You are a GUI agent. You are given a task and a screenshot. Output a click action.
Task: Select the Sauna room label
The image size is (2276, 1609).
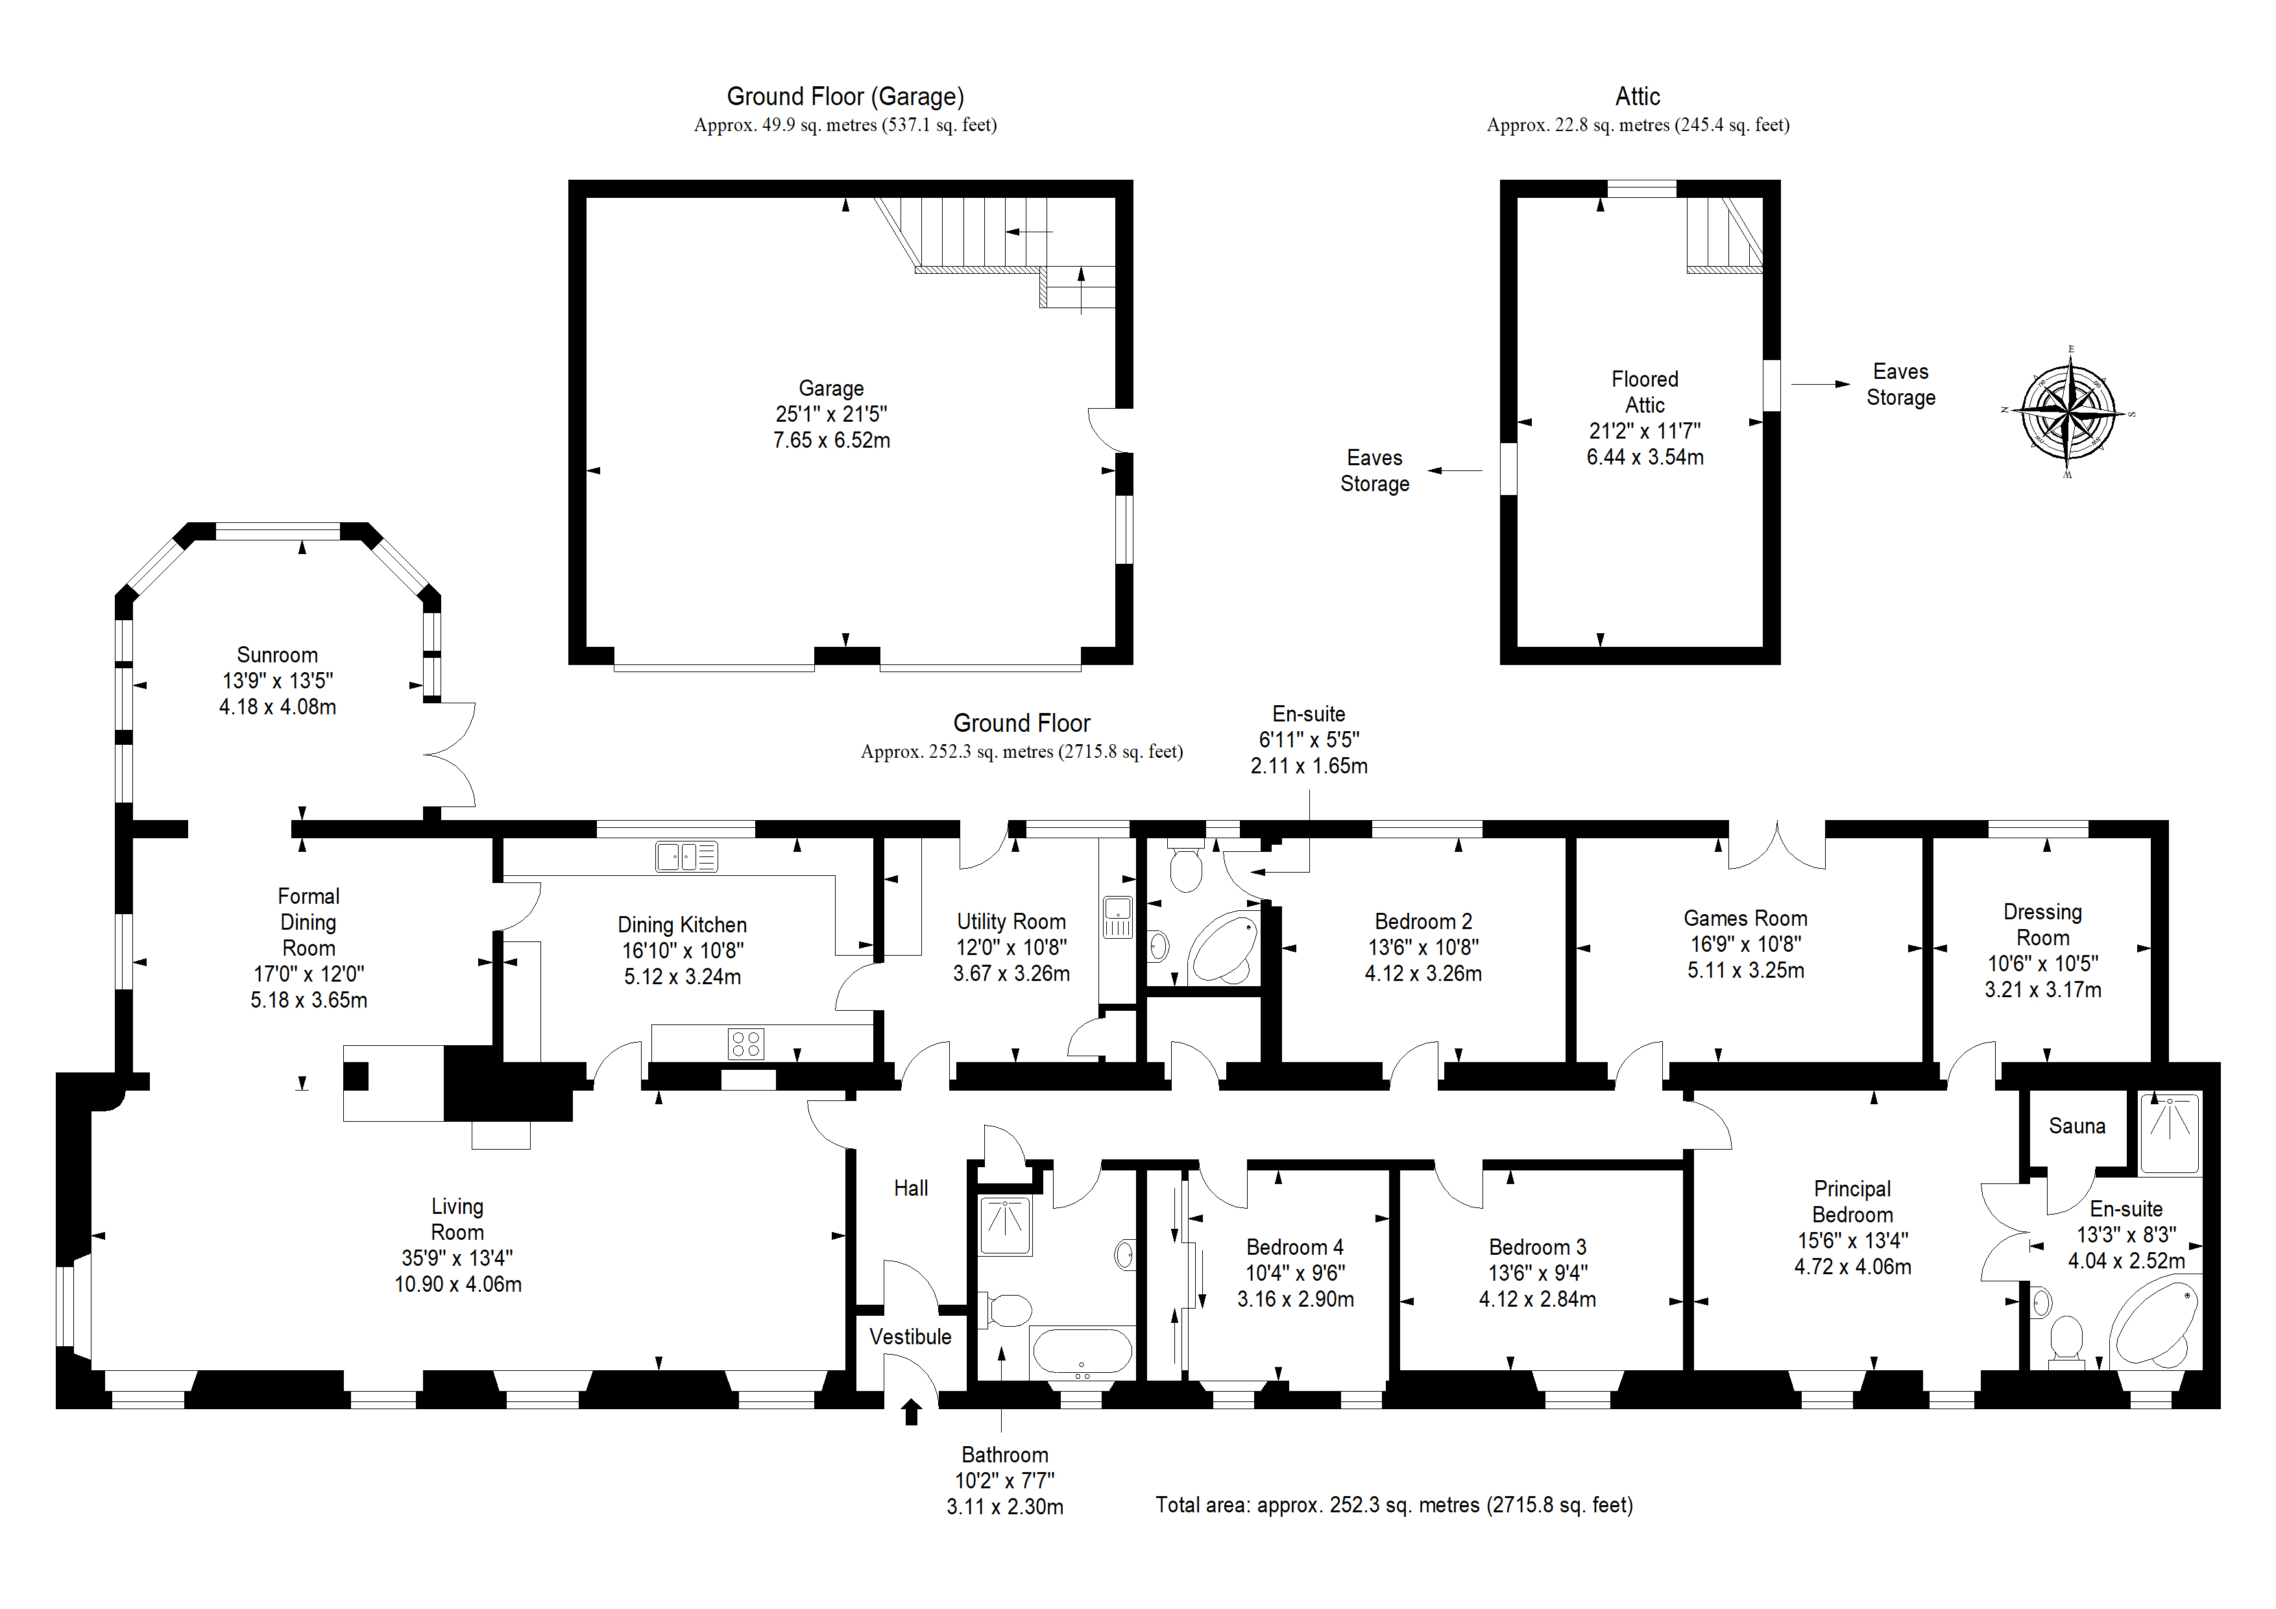click(2077, 1126)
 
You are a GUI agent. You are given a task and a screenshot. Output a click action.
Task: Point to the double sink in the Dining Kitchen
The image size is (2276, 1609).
click(686, 856)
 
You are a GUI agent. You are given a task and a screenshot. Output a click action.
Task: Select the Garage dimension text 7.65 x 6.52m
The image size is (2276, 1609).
click(832, 440)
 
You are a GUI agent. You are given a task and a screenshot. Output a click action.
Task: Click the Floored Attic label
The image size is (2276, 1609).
click(1645, 393)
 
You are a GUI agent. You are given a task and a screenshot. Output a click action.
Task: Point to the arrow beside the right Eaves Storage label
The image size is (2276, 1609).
click(1820, 383)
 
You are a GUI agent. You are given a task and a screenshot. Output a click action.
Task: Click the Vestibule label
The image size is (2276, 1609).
click(910, 1337)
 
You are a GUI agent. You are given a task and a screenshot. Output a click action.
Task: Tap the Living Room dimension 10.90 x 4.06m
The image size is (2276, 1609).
click(458, 1285)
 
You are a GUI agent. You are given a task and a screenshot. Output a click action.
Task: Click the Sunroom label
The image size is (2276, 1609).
click(278, 655)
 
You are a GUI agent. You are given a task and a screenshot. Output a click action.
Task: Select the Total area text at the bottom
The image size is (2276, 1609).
click(1394, 1505)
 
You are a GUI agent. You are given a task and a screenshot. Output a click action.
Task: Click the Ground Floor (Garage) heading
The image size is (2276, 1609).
click(845, 96)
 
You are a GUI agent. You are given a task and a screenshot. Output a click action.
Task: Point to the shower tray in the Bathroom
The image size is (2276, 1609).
click(1005, 1226)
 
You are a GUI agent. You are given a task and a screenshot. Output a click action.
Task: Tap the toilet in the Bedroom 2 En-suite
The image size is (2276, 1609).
click(1185, 867)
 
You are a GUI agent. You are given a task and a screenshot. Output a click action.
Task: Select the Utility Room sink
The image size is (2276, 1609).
click(1117, 916)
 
